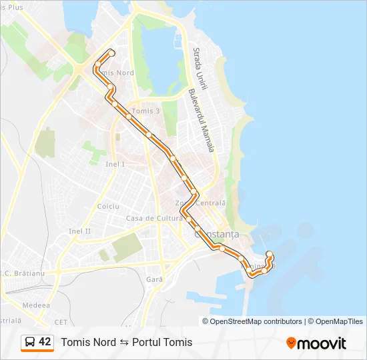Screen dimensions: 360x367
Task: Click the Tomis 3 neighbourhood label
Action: coord(146,111)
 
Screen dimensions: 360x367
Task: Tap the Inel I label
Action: coord(115,164)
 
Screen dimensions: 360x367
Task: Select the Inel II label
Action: coord(79,231)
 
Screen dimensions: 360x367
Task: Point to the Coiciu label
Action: coord(108,207)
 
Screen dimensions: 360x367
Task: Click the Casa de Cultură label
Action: coord(154,218)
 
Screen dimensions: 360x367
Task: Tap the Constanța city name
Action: coord(216,235)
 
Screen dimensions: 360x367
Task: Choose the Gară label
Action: coord(155,279)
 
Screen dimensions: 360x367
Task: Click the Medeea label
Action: coord(36,305)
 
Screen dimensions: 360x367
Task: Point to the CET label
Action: coord(61,321)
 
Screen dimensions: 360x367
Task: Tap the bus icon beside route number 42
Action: coord(30,342)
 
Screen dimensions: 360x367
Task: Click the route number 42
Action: coord(45,342)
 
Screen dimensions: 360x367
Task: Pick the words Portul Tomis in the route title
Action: coord(162,342)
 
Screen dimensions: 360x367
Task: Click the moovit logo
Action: coord(316,343)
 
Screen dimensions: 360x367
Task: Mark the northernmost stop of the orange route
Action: coord(111,53)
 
